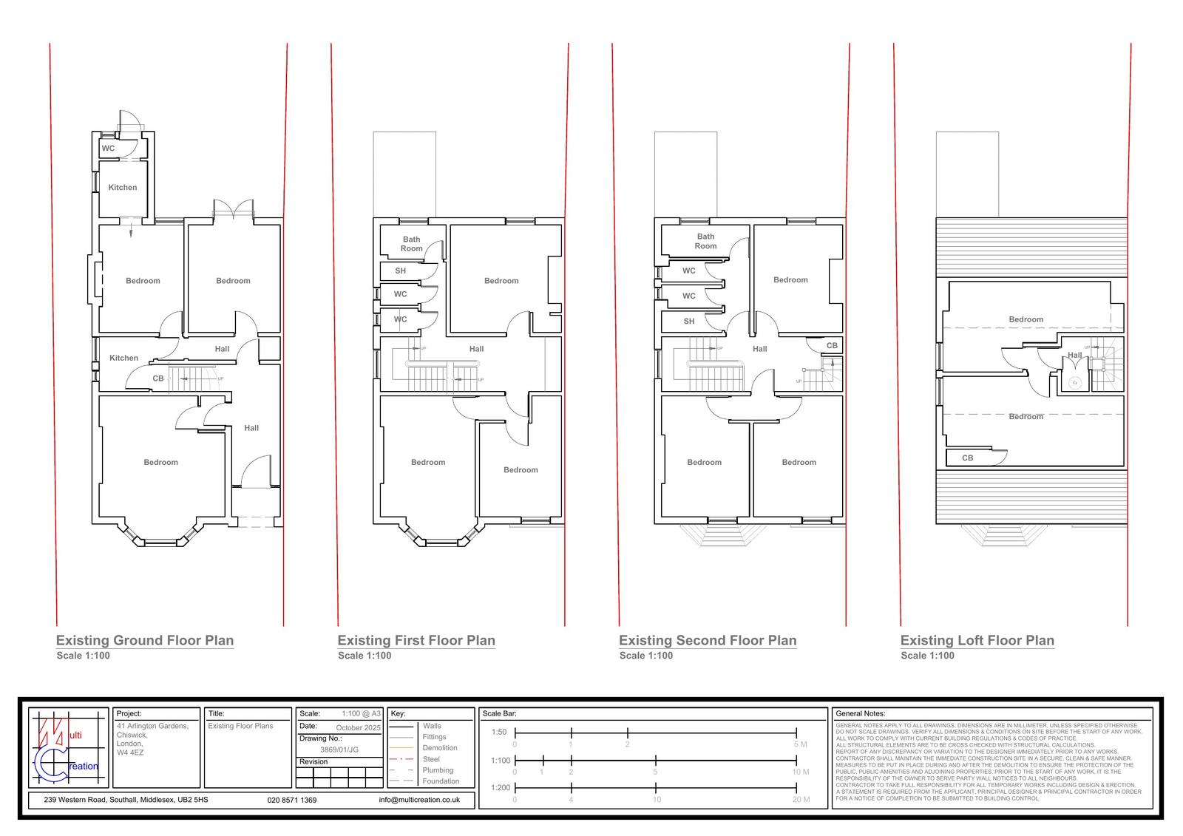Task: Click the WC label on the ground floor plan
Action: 108,149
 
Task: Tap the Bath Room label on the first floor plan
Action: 412,244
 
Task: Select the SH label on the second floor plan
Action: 689,322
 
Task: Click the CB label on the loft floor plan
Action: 967,458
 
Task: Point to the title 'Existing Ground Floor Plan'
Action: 145,641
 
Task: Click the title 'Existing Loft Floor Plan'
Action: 977,641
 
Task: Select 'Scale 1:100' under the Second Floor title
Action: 646,656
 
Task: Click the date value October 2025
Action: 358,728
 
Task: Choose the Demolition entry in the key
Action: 440,748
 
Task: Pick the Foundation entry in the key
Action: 441,781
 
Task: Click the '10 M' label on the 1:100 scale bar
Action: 800,772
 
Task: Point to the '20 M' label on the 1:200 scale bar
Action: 800,800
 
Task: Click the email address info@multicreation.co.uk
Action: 419,800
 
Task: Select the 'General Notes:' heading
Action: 860,714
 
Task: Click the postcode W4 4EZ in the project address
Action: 130,752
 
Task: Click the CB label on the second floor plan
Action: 832,346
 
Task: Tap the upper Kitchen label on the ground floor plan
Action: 123,188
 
